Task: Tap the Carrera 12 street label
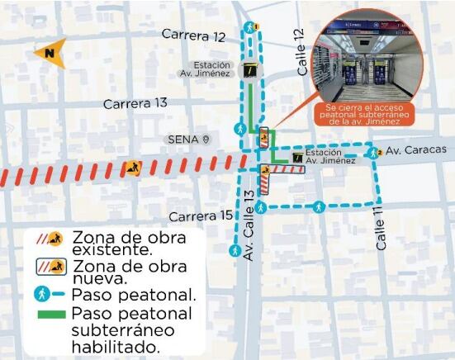(x=193, y=36)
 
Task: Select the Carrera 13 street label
(x=135, y=103)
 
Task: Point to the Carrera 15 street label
(x=201, y=216)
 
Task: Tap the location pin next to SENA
(x=206, y=139)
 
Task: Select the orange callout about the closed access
(x=363, y=116)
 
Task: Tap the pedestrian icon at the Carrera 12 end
(x=256, y=27)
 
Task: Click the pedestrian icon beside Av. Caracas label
(x=373, y=152)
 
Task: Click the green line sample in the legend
(x=51, y=315)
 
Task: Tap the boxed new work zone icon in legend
(x=51, y=267)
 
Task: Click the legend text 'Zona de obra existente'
(x=127, y=243)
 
